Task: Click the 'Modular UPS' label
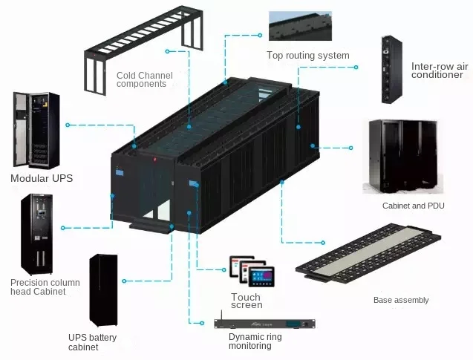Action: point(42,178)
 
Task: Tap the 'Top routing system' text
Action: point(307,56)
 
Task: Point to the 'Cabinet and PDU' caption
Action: point(413,206)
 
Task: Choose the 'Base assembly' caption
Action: point(401,300)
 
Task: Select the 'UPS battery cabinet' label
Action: point(92,342)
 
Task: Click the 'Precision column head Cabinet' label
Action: point(45,287)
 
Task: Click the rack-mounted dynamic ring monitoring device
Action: point(264,324)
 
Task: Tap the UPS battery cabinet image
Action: point(103,290)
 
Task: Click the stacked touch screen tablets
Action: point(251,271)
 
